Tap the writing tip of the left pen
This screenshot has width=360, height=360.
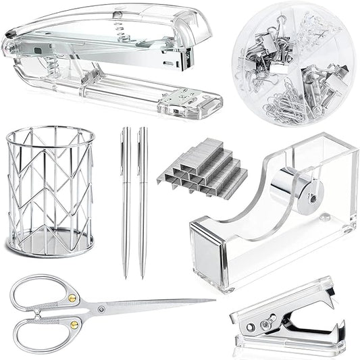(x=126, y=277)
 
